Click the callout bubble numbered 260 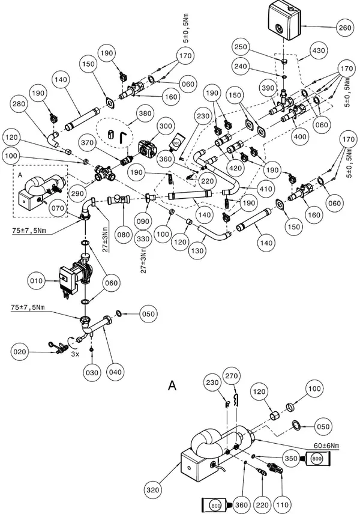(x=345, y=28)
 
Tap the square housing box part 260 (x=284, y=20)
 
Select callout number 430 (x=319, y=51)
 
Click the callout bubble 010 (x=36, y=281)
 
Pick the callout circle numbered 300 (x=166, y=126)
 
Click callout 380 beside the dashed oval (x=145, y=113)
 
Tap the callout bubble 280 (x=19, y=104)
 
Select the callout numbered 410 (x=266, y=189)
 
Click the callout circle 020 (x=20, y=352)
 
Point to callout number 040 (x=115, y=372)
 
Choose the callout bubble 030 (x=92, y=373)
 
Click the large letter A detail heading (x=172, y=385)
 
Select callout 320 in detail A (x=152, y=490)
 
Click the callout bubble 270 (x=231, y=376)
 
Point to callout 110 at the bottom (x=283, y=505)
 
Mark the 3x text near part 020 (x=75, y=354)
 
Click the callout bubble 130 (x=197, y=251)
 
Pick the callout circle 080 (x=123, y=235)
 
